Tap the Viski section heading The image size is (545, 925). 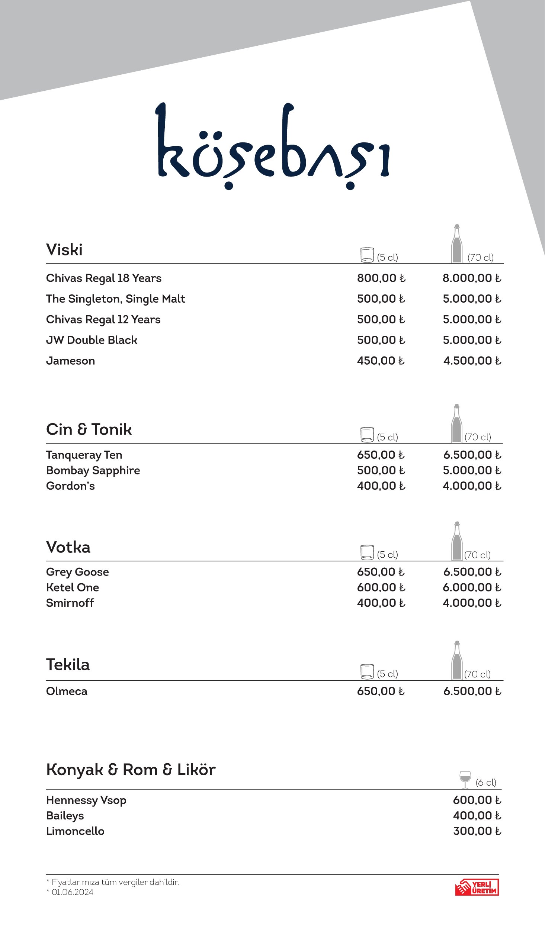(64, 249)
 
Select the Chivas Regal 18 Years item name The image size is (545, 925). (104, 278)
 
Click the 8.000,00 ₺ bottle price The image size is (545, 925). (471, 278)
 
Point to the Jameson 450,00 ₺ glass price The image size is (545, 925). (381, 361)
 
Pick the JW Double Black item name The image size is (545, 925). (92, 340)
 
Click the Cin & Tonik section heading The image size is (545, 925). (89, 429)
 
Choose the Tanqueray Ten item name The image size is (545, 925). (84, 455)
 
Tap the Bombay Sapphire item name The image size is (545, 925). (93, 471)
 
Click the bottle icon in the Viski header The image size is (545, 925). (456, 244)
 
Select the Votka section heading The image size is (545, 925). (68, 547)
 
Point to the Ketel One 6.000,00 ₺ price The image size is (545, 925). (471, 587)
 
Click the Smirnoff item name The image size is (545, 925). (70, 603)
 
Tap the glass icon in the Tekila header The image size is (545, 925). (367, 671)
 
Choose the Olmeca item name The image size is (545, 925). (67, 692)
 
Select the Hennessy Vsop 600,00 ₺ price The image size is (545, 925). (477, 800)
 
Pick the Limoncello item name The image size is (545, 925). (75, 831)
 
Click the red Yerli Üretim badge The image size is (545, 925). (477, 887)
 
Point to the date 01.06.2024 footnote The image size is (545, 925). (72, 892)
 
